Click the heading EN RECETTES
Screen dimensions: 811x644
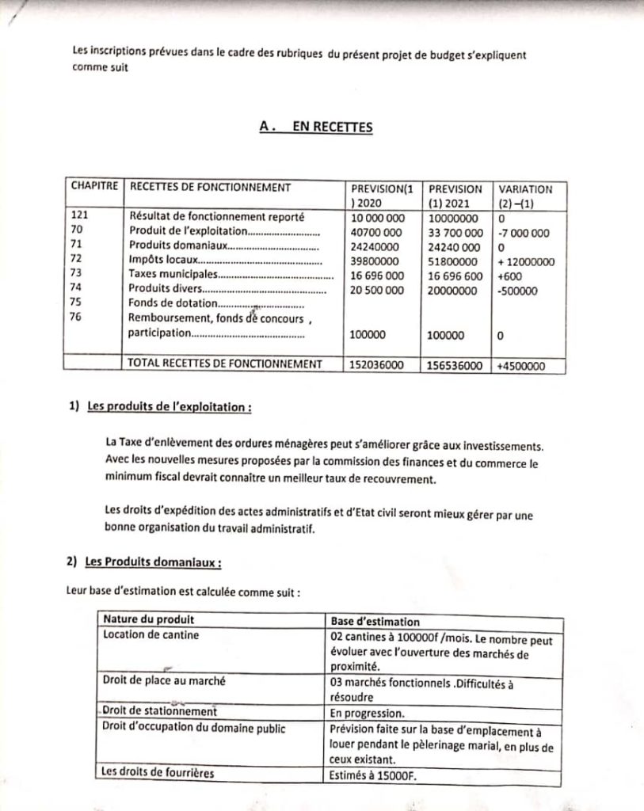click(316, 126)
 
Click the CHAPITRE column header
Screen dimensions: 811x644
click(94, 188)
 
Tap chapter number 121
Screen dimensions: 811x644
click(80, 215)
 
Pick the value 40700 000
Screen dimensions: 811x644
click(376, 233)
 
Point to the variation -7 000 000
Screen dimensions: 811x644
click(523, 233)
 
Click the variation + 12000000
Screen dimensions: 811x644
click(526, 262)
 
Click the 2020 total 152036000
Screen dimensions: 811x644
click(377, 366)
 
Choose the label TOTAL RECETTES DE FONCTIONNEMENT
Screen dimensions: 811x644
click(225, 364)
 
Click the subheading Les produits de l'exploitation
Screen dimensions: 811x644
click(170, 408)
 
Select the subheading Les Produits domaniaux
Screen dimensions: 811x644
click(153, 562)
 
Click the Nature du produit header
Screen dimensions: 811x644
click(149, 620)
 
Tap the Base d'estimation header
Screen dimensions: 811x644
click(375, 622)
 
